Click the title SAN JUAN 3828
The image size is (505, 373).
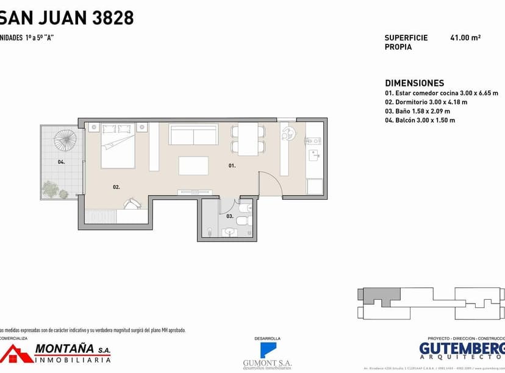(67, 18)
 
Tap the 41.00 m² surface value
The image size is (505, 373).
(465, 38)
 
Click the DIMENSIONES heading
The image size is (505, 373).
(414, 83)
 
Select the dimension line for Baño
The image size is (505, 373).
(417, 112)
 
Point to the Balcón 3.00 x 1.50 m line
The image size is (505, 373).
(420, 121)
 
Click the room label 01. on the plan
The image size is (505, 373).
(232, 166)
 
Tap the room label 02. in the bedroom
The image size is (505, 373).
(116, 187)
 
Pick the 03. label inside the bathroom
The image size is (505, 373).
(230, 216)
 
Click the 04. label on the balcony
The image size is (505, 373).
(61, 162)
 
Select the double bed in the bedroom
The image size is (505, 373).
(118, 146)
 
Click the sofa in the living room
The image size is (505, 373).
(193, 134)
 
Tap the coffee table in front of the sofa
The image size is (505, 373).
(193, 166)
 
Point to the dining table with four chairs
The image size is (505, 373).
(248, 139)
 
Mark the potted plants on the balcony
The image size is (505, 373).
(56, 190)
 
